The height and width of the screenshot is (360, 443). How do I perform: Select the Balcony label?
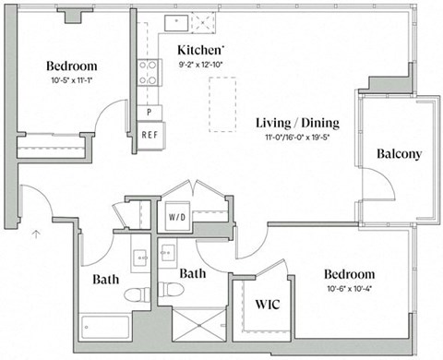click(399, 154)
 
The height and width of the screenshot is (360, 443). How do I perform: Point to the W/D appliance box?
click(176, 219)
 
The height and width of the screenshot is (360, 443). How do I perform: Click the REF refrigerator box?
click(150, 134)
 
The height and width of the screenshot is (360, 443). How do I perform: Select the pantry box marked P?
click(150, 113)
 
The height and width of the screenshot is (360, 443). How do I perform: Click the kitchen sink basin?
click(176, 22)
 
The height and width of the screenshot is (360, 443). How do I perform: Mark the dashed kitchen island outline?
click(221, 103)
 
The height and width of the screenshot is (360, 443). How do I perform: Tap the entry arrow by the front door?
click(36, 234)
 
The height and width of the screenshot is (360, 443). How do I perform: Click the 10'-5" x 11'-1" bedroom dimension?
click(72, 80)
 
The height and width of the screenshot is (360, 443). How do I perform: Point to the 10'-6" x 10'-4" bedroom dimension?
click(349, 289)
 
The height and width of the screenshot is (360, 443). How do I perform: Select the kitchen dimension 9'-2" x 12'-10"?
click(201, 65)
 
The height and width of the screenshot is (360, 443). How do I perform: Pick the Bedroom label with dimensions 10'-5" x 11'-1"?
click(72, 66)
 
